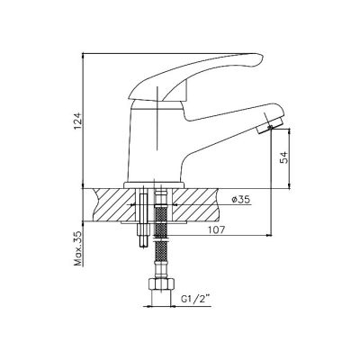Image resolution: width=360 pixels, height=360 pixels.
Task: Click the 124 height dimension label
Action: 77,121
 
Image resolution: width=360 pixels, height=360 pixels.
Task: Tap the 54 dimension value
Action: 283,157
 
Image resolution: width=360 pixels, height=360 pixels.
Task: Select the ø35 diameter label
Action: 241,200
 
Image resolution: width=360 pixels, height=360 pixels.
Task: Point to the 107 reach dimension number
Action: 216,230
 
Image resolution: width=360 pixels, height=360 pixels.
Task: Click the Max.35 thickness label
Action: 78,248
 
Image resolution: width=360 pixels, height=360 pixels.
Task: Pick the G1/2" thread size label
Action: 195,299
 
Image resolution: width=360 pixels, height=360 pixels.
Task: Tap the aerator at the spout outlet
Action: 270,125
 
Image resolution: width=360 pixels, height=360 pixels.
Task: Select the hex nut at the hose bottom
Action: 160,283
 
